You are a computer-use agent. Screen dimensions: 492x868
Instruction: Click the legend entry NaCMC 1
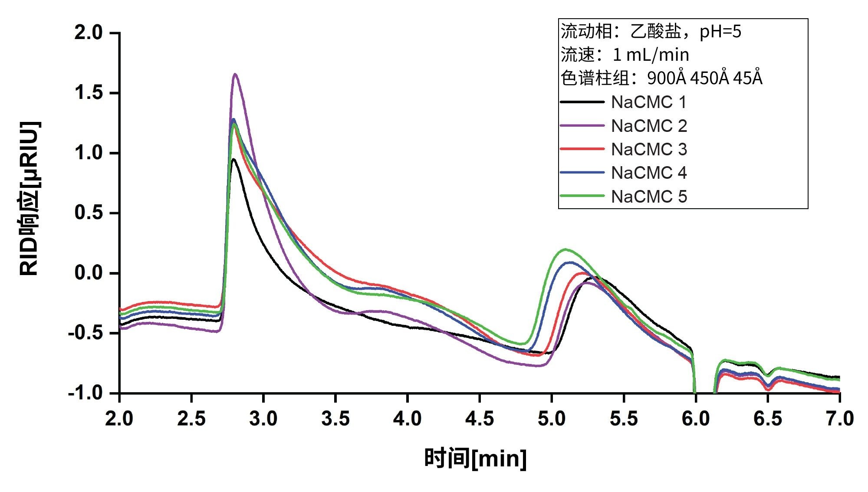pyautogui.click(x=649, y=102)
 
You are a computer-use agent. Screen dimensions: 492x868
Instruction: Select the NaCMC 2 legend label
pyautogui.click(x=649, y=126)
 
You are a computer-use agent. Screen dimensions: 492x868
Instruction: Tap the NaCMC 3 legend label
pyautogui.click(x=649, y=150)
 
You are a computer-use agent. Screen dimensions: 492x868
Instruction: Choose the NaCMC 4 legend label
pyautogui.click(x=649, y=173)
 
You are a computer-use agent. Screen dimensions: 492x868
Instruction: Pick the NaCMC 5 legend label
pyautogui.click(x=649, y=197)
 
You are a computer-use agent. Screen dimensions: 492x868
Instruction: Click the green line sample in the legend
pyautogui.click(x=582, y=196)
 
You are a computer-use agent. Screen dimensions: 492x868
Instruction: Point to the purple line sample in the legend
pyautogui.click(x=582, y=125)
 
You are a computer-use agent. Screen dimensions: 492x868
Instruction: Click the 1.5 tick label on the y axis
pyautogui.click(x=89, y=93)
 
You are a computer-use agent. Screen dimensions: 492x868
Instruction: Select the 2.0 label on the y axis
pyautogui.click(x=89, y=33)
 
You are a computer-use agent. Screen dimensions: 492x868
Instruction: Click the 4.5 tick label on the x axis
pyautogui.click(x=480, y=419)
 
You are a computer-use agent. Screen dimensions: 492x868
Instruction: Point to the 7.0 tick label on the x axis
pyautogui.click(x=840, y=419)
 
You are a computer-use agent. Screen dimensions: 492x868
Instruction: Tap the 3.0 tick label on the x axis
pyautogui.click(x=263, y=419)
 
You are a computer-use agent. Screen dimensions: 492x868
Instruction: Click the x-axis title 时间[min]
pyautogui.click(x=475, y=459)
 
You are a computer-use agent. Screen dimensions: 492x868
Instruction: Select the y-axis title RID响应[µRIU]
pyautogui.click(x=30, y=199)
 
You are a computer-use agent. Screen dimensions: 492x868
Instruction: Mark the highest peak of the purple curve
pyautogui.click(x=235, y=74)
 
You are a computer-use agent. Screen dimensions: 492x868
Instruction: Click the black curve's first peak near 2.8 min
pyautogui.click(x=233, y=159)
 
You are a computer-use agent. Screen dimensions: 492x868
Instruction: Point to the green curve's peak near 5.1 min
pyautogui.click(x=565, y=249)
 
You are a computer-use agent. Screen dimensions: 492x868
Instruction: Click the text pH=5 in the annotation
pyautogui.click(x=720, y=32)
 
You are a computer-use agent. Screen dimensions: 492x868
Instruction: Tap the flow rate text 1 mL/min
pyautogui.click(x=651, y=55)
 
